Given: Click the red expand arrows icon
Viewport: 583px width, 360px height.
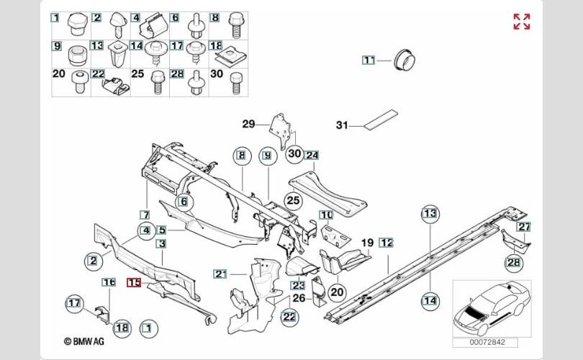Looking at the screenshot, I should click(522, 22).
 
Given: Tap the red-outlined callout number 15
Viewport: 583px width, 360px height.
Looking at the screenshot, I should click(134, 283).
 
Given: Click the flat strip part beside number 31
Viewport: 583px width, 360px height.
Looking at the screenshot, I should click(381, 119).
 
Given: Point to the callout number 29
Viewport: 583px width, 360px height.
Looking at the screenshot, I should click(249, 125).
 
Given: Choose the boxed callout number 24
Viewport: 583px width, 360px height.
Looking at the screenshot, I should click(312, 155).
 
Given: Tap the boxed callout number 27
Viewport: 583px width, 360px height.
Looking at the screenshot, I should click(524, 227).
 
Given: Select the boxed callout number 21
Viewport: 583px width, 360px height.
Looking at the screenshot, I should click(220, 272).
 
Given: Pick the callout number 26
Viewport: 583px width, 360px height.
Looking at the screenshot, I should click(299, 297).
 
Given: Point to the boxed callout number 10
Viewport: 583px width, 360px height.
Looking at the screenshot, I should click(326, 215).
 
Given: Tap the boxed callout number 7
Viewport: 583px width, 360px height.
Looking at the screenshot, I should click(145, 215).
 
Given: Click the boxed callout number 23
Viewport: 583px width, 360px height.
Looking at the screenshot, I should click(297, 285).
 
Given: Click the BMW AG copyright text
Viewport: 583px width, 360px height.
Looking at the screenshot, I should click(85, 343).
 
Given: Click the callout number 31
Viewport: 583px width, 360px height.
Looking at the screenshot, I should click(343, 125).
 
